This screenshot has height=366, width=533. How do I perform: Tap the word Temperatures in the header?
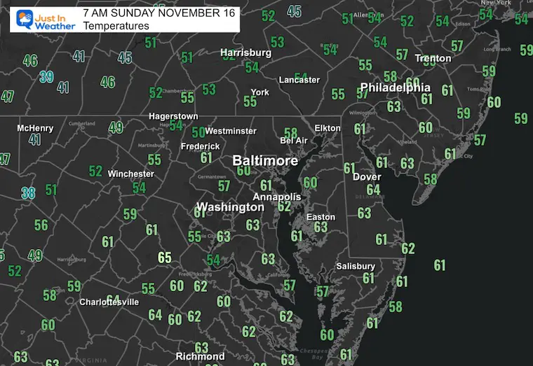[116, 26]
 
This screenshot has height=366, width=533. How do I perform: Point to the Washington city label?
[230, 207]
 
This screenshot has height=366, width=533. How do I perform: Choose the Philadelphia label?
[395, 88]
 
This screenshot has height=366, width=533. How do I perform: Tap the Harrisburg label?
[245, 52]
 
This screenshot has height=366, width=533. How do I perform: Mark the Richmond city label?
[200, 356]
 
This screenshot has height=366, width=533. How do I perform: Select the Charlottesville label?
[109, 302]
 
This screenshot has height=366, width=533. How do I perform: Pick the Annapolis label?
[276, 197]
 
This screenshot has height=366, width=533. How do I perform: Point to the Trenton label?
[433, 58]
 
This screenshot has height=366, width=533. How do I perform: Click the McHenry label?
[35, 128]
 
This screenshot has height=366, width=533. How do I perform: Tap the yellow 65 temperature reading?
[165, 258]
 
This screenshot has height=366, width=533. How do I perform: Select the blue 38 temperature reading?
[28, 192]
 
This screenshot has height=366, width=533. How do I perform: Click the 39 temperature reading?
[46, 77]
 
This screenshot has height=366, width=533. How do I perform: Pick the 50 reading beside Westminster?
[198, 132]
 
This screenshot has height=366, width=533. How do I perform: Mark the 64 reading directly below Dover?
[373, 190]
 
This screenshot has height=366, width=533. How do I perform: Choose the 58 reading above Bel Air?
[291, 132]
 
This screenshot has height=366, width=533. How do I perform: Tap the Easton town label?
[321, 217]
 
